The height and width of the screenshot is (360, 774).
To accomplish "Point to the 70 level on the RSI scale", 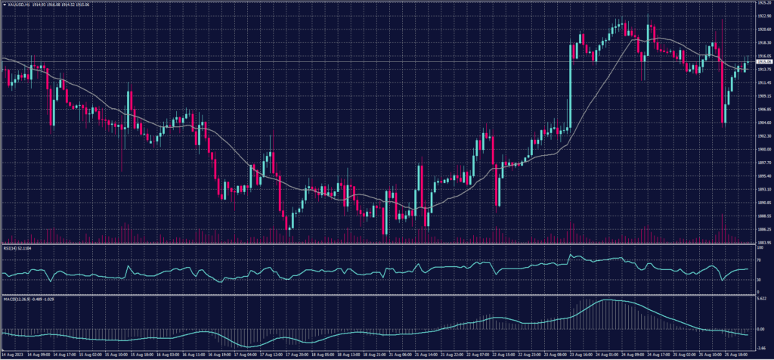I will click(x=758, y=259).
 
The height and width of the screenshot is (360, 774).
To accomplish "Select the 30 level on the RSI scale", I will click(x=758, y=280).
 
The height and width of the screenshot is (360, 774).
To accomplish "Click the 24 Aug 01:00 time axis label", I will click(x=608, y=354).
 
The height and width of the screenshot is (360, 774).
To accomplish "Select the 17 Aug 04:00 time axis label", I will click(x=245, y=354).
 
